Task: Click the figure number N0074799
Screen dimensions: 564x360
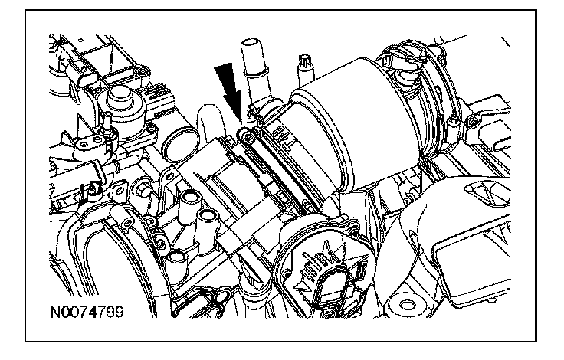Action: click(87, 312)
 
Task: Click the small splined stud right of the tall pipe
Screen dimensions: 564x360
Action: click(306, 69)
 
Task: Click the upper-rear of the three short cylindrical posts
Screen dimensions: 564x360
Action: click(191, 200)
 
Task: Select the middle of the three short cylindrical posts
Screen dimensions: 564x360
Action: click(208, 218)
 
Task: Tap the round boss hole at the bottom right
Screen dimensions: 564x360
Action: click(407, 306)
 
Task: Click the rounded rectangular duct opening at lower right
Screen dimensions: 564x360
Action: click(471, 258)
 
